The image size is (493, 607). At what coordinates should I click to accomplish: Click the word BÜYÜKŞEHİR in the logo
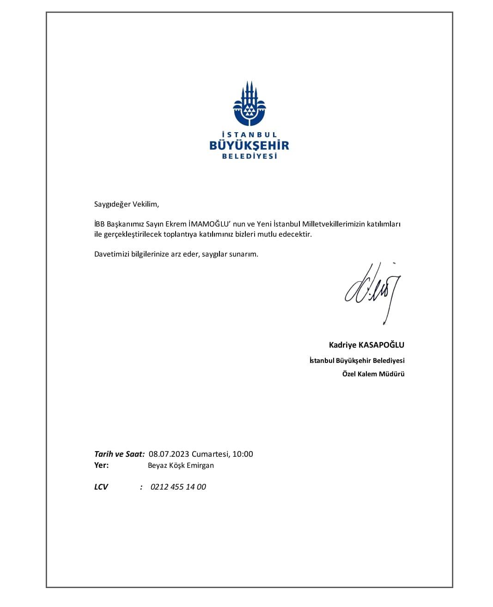tap(249, 146)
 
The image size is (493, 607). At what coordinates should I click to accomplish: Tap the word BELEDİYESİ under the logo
tap(250, 157)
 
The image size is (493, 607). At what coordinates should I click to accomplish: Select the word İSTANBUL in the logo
tap(249, 135)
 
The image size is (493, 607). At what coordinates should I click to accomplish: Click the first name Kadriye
tap(342, 345)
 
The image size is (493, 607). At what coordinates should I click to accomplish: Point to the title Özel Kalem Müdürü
tap(373, 374)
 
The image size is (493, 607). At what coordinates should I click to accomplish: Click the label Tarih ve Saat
tap(119, 454)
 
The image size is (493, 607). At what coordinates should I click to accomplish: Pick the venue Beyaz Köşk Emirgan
tap(181, 466)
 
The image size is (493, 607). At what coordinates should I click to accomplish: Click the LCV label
tap(101, 487)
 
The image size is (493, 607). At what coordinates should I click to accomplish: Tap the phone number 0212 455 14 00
tap(178, 487)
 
